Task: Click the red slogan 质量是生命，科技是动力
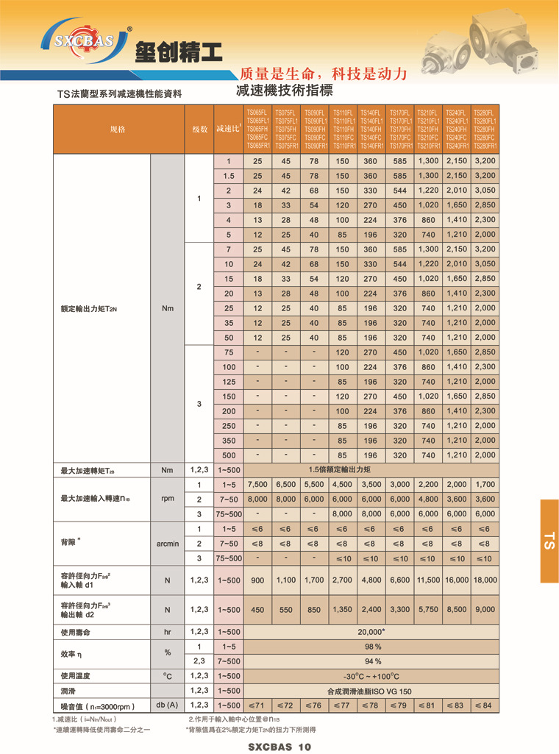323,74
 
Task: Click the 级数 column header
199,129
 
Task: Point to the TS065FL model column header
257,129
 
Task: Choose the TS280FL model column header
485,129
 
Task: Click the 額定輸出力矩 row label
88,308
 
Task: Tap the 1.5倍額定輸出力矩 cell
370,469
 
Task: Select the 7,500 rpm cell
257,485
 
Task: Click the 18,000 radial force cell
485,580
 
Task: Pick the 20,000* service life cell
370,632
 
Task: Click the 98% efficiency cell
370,647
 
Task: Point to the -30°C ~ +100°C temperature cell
370,676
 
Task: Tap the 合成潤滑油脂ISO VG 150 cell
370,691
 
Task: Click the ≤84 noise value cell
485,705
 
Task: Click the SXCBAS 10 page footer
279,747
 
